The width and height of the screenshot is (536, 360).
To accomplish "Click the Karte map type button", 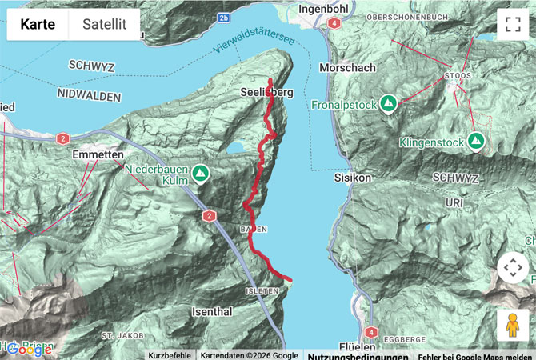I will [x=38, y=24].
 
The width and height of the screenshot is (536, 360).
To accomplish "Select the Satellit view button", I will [x=104, y=24].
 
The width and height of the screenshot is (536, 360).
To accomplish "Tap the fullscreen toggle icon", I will [x=512, y=24].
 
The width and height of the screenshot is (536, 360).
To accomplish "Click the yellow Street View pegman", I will [x=512, y=325].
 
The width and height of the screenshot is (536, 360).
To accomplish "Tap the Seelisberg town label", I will [x=266, y=93].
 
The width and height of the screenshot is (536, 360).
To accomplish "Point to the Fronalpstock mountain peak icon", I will [x=389, y=103].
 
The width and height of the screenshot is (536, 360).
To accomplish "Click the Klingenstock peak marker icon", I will [x=476, y=142].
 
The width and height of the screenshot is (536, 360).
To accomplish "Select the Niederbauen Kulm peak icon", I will [x=200, y=172].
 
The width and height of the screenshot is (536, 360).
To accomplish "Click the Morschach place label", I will [x=346, y=68].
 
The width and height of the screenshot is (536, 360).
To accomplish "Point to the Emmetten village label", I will [x=97, y=154].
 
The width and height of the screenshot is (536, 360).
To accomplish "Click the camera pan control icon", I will [x=512, y=267].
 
